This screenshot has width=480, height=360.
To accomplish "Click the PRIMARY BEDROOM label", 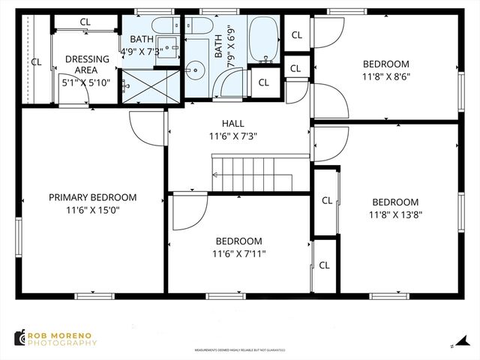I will click(x=92, y=197).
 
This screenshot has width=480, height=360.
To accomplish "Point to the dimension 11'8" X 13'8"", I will click(x=394, y=214).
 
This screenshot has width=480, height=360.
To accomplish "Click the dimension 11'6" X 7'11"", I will click(x=238, y=253).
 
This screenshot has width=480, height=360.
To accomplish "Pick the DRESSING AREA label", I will click(x=87, y=59).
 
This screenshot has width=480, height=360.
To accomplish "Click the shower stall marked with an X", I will click(x=152, y=88).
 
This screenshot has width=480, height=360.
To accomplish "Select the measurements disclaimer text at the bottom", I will click(x=239, y=349).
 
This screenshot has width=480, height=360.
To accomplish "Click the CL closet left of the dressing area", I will click(x=35, y=61).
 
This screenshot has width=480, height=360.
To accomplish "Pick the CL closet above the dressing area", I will click(x=85, y=22).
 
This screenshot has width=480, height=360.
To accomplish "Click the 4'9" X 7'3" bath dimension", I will click(x=151, y=49).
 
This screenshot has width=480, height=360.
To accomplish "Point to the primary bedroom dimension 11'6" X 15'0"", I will click(x=92, y=211).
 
